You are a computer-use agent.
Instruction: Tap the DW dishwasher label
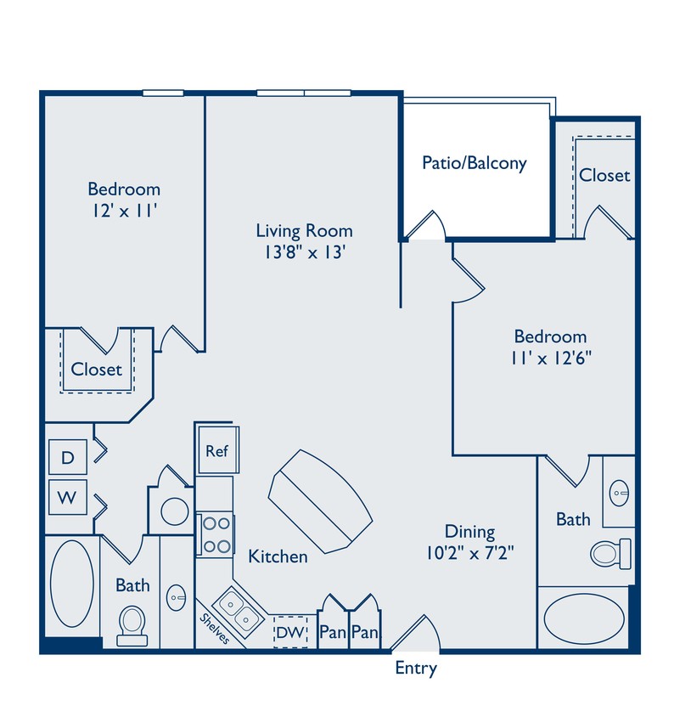tap(289, 633)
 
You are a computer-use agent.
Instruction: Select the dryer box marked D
tap(66, 459)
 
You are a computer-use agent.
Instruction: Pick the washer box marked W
tap(66, 497)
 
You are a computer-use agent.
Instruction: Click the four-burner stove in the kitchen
tap(216, 535)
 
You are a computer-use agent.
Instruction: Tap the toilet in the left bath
tap(132, 619)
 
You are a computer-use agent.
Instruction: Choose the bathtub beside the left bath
tap(71, 584)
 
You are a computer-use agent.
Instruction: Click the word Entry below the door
tap(416, 669)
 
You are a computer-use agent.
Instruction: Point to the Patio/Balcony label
tap(475, 163)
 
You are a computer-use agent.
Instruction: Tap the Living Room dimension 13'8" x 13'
tap(304, 252)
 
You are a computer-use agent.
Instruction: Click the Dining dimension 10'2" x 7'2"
tap(471, 553)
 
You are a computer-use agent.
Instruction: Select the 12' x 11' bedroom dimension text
tap(124, 212)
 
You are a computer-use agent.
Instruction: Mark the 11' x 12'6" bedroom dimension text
tap(550, 358)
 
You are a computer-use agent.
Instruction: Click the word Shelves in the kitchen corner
tap(214, 628)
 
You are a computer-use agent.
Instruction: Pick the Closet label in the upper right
tap(604, 175)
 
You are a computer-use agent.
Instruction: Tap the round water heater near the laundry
tap(175, 511)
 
